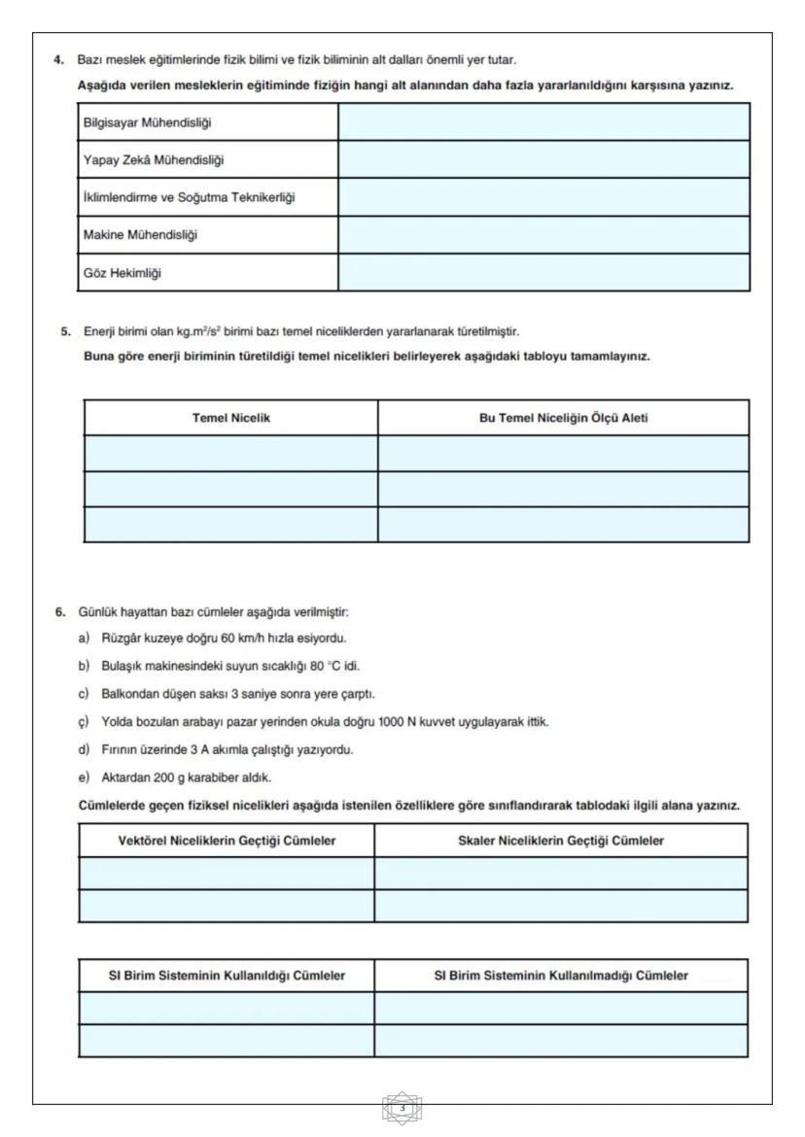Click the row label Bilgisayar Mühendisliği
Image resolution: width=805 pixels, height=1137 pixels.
pos(147,121)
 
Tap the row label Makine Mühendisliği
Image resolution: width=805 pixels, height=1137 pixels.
pos(133,235)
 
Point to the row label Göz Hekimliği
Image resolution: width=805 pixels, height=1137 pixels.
pos(122,273)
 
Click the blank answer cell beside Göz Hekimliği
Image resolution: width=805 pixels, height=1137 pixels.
pos(543,273)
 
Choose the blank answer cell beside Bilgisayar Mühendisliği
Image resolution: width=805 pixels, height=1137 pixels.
pos(543,121)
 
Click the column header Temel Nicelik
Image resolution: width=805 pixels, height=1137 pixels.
pos(230,418)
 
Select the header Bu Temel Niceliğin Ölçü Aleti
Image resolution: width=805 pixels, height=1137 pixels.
pos(563,418)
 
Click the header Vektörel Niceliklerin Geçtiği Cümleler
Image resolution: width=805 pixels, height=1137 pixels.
pos(227,841)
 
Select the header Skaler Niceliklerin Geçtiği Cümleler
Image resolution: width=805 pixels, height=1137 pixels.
pos(561,841)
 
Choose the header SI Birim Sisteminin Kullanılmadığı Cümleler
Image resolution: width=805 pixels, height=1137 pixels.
pos(561,976)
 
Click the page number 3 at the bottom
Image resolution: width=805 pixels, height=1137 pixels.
pos(402,1109)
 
